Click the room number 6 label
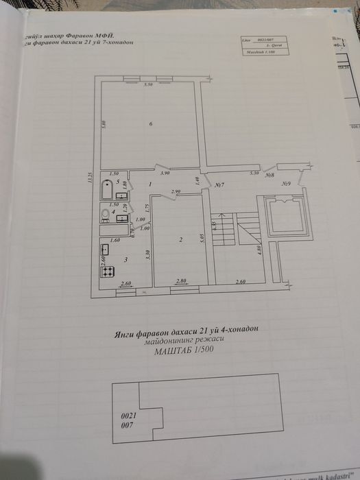[150, 123]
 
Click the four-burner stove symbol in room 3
[108, 272]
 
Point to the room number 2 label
[180, 239]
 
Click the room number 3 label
[125, 261]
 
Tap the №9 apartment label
[285, 184]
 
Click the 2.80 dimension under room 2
[181, 282]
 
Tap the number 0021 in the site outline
[128, 416]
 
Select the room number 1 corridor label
[150, 184]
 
